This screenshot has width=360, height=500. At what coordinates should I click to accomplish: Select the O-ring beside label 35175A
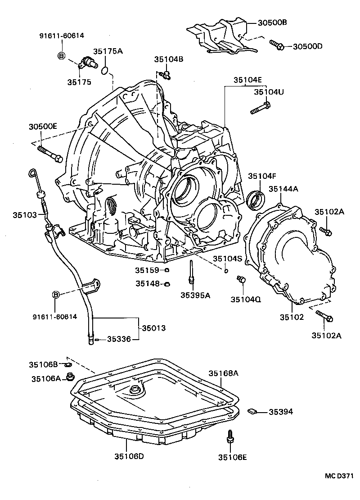[105, 70]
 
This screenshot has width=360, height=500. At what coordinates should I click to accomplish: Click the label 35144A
[283, 189]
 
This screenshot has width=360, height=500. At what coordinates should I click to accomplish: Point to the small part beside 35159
[166, 270]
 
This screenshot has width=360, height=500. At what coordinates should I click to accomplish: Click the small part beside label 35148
[166, 284]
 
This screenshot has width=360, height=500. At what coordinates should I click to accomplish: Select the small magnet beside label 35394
[252, 411]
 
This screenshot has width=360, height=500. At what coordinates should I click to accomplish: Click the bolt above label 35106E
[229, 436]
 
